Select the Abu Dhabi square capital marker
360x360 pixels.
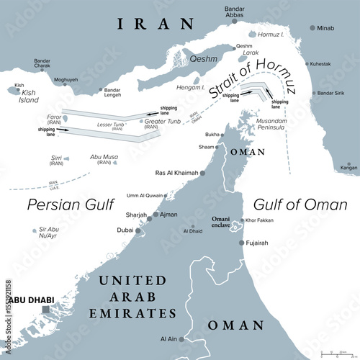click(x=46, y=310)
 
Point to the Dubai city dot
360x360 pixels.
click(x=139, y=230)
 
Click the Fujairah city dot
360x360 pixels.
click(x=241, y=243)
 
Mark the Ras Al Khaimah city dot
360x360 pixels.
click(x=203, y=174)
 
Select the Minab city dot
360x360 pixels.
click(x=312, y=28)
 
